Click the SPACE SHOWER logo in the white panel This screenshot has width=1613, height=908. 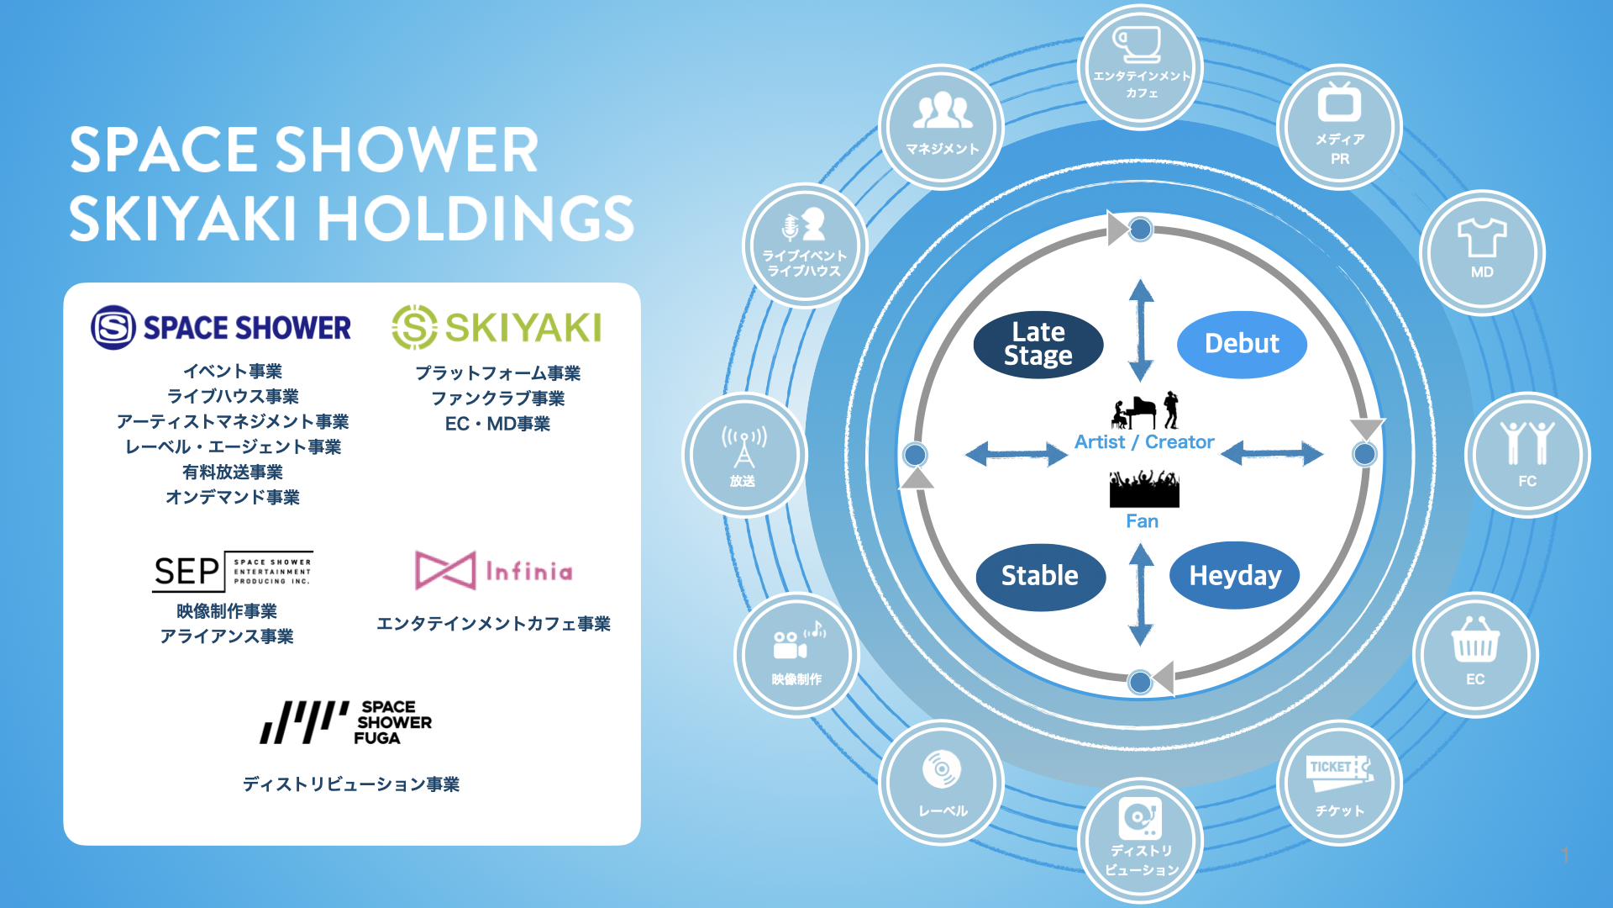221,327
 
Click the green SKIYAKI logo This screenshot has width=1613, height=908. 497,327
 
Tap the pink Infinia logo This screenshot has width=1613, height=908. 494,571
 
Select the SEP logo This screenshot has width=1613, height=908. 232,572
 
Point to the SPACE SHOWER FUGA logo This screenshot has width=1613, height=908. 346,722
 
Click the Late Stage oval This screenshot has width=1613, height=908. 1038,345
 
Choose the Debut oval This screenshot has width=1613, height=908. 1242,344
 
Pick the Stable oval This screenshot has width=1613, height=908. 1040,576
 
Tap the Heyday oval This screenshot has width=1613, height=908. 1235,576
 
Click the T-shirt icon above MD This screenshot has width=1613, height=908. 1482,238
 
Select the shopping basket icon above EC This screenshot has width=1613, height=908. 1475,641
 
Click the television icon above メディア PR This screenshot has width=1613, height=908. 1339,103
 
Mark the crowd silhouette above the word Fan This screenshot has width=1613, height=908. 1143,489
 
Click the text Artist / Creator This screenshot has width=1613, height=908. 1144,442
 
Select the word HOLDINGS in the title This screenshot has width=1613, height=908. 475,219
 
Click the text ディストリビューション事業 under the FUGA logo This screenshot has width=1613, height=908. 351,784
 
